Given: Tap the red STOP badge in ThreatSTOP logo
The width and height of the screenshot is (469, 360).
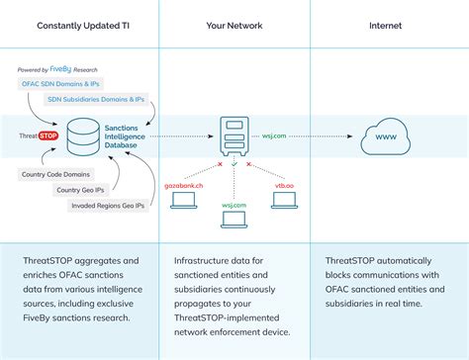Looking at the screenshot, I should coord(48,135).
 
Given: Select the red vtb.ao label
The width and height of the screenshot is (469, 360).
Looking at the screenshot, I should coord(284,184).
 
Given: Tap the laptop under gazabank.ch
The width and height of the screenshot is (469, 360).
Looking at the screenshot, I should coord(185,201).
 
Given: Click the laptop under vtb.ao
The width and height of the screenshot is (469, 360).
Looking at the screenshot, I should coord(284,201).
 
